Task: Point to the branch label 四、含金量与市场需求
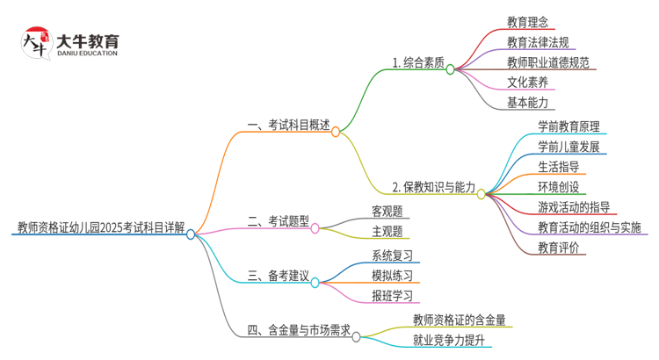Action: [x=299, y=330]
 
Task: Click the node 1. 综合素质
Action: [x=418, y=62]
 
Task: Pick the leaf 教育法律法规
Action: [x=537, y=41]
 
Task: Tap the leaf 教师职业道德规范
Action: [x=548, y=61]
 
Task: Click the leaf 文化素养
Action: [x=527, y=82]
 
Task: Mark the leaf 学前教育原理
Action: [x=568, y=126]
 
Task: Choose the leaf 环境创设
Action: [x=558, y=186]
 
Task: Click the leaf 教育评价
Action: [x=558, y=248]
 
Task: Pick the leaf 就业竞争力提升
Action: [x=449, y=340]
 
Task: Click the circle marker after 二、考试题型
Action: [x=315, y=228]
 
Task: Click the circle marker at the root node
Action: [x=191, y=234]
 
